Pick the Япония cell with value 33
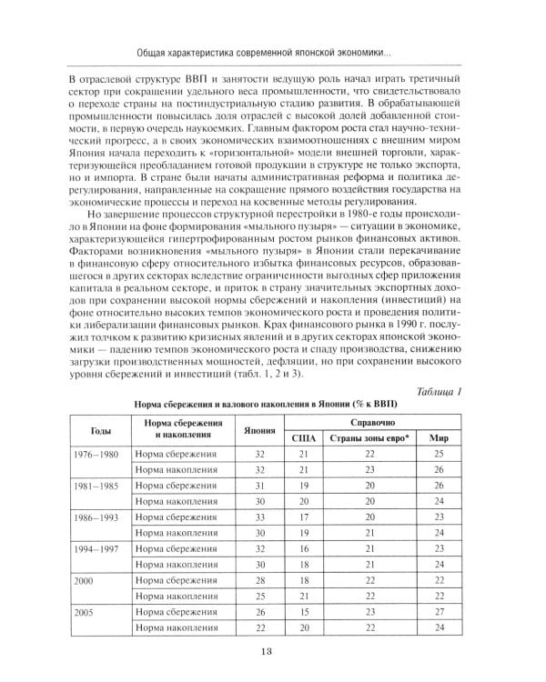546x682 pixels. click(x=258, y=515)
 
